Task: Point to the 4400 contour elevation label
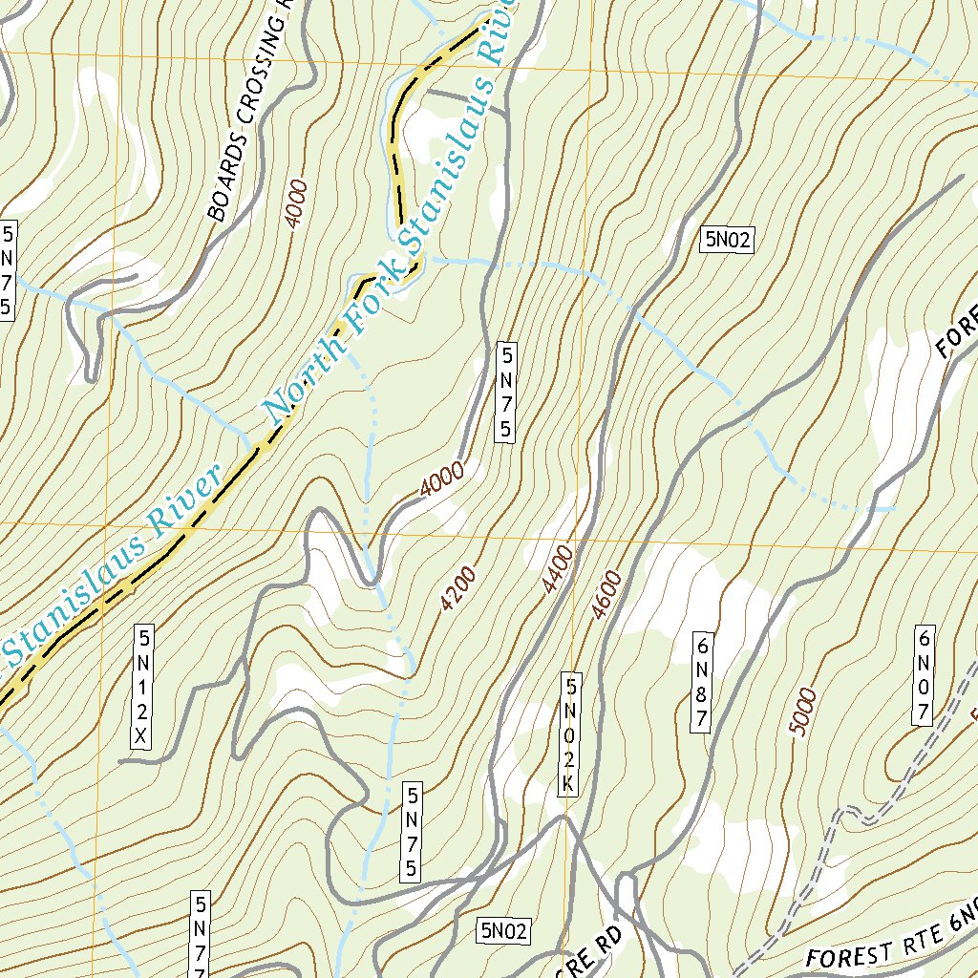[558, 569]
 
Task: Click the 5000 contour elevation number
[804, 712]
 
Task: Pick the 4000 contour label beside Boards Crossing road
[296, 202]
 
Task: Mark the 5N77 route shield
[201, 936]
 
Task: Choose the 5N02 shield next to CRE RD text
[505, 929]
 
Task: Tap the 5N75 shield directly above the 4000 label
[505, 393]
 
